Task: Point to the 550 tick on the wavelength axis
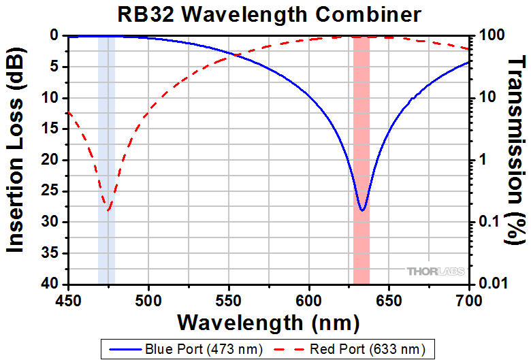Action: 229,299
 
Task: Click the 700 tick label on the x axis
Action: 470,299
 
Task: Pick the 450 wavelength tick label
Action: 68,299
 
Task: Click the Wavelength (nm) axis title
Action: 269,321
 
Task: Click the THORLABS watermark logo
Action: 436,272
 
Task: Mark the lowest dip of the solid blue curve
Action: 362,210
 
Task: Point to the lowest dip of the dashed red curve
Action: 108,210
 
